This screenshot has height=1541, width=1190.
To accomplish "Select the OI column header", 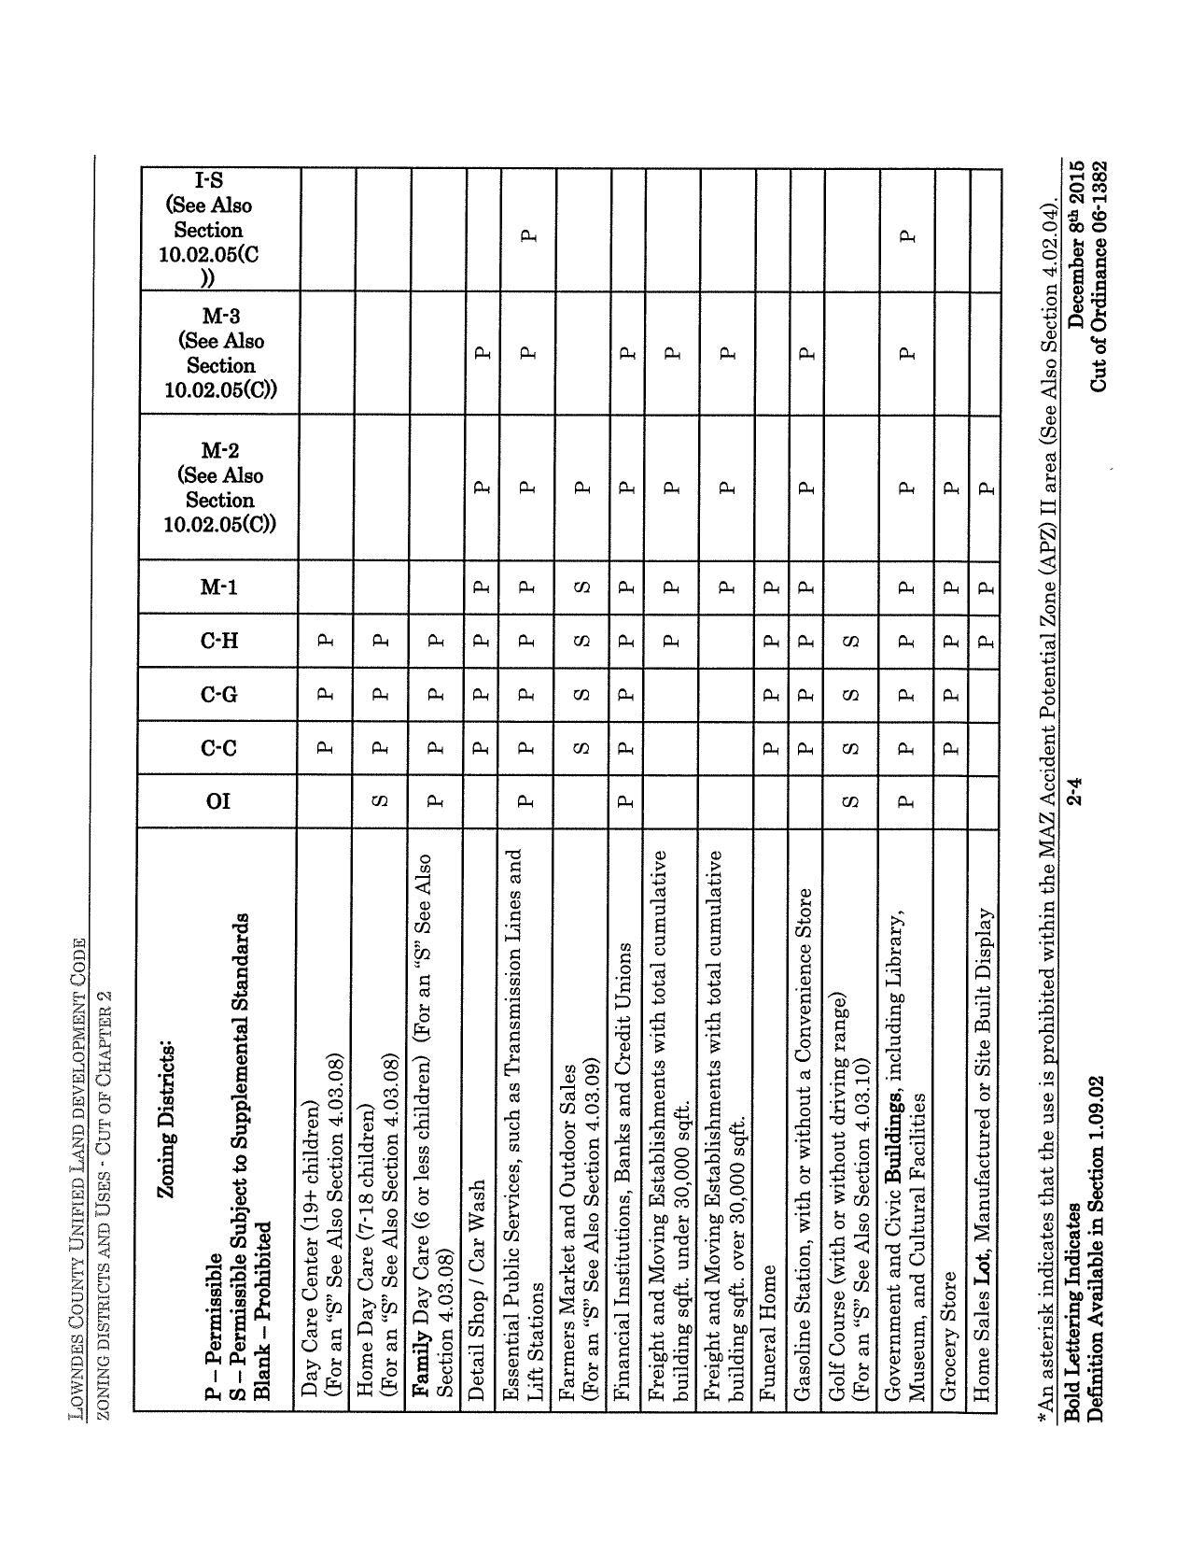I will point(217,800).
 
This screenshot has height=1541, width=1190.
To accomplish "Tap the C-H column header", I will point(218,641).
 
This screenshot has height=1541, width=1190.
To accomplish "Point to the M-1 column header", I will point(218,587).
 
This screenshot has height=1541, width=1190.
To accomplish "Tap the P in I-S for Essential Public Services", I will point(529,235).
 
